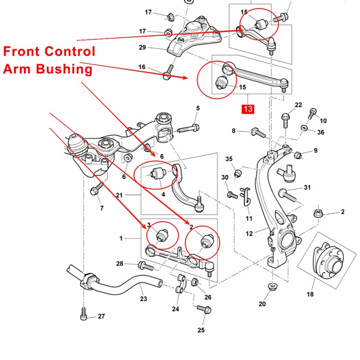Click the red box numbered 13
[248, 109]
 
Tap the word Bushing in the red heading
[66, 69]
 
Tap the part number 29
[142, 47]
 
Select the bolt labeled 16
[168, 71]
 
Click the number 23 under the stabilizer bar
[144, 298]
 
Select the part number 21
[119, 195]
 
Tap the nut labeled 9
[297, 155]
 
